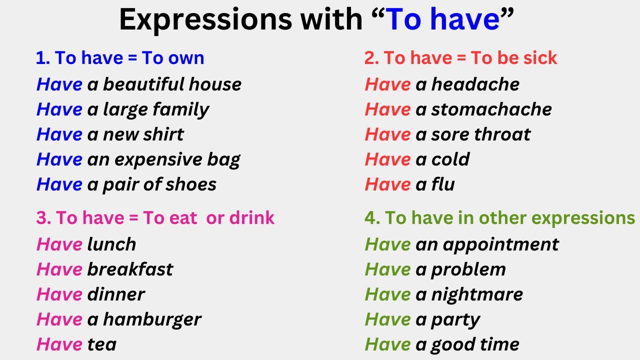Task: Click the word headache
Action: [475, 84]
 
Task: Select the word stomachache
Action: [491, 109]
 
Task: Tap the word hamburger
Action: [152, 319]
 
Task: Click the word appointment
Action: [500, 244]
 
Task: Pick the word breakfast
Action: [130, 269]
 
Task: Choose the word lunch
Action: [111, 244]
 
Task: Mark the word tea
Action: [101, 344]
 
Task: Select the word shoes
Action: [192, 184]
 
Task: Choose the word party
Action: [455, 319]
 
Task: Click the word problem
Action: [468, 269]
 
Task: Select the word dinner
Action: [116, 294]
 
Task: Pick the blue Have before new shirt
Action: [59, 134]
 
